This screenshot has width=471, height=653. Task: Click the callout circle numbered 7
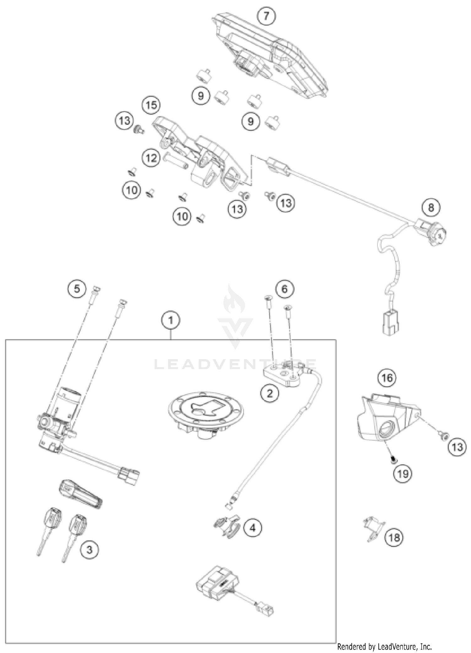tap(266, 15)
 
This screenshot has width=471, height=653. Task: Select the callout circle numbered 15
tap(151, 105)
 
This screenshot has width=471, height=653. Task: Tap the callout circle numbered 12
tap(151, 158)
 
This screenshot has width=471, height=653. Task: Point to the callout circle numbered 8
tap(431, 207)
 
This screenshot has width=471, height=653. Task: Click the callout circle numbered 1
tap(171, 321)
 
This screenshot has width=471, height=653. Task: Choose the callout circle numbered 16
tap(387, 378)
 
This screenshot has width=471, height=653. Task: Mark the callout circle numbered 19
tap(403, 473)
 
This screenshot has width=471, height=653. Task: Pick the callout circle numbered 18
tap(394, 537)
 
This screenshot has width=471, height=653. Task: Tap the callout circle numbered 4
tap(253, 528)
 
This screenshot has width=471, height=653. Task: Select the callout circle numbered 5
tap(77, 288)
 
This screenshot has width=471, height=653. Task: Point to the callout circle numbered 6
tap(284, 289)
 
